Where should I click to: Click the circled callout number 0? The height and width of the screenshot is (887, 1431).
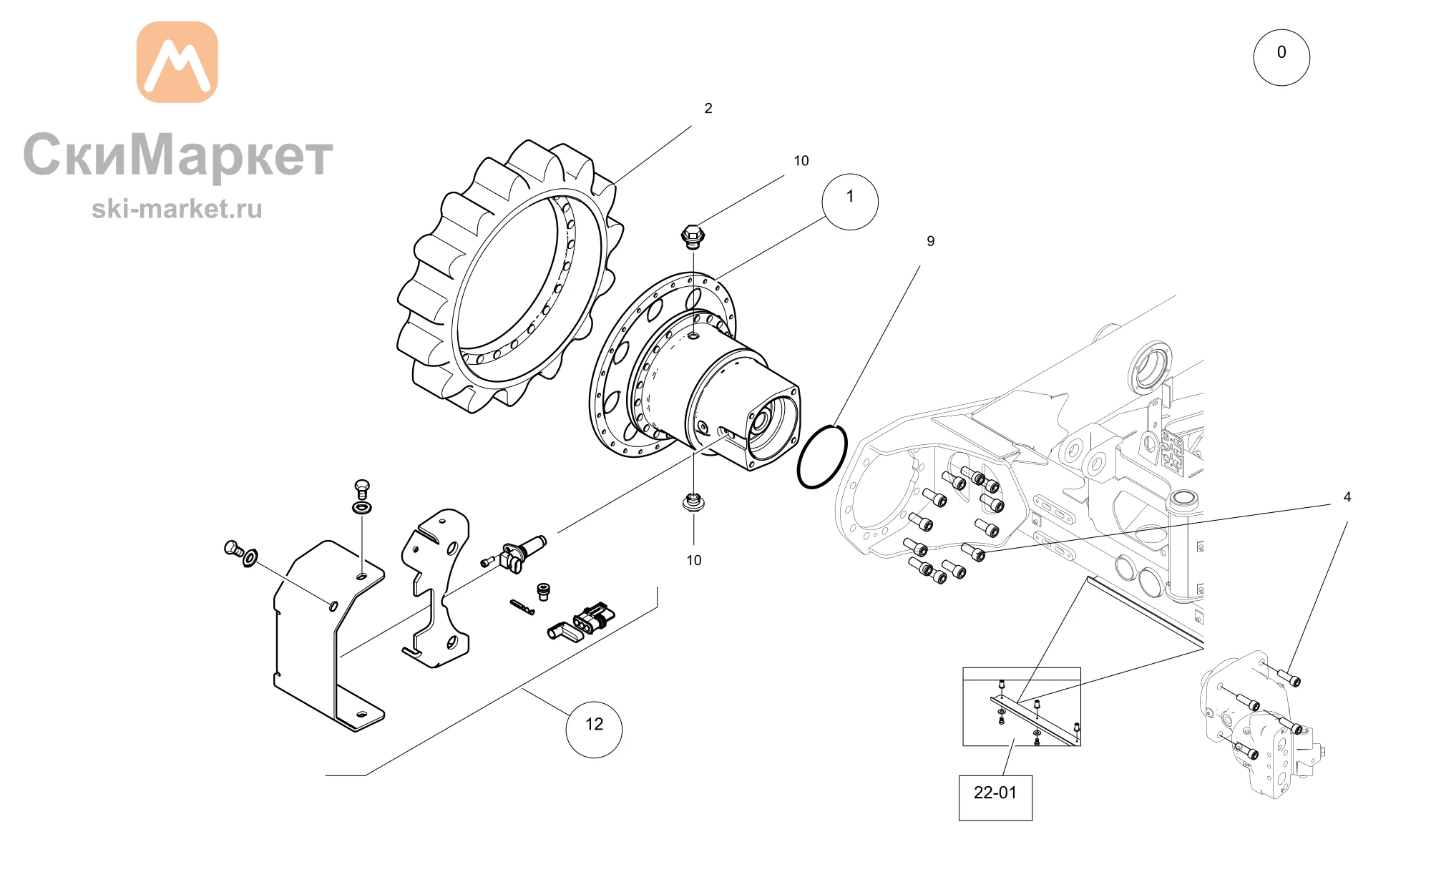[1281, 57]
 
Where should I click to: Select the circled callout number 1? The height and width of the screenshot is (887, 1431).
[850, 202]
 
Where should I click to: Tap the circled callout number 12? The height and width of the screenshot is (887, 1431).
[594, 729]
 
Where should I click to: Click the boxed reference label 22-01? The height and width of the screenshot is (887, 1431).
[995, 798]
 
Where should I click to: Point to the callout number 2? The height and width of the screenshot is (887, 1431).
[708, 109]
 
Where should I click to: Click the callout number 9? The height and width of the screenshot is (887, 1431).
[930, 242]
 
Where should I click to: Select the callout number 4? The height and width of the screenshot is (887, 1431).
[1347, 497]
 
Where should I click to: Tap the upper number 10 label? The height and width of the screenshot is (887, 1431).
[801, 162]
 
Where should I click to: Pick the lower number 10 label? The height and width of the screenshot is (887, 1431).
[694, 561]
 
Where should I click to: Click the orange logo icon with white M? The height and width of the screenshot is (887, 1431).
[177, 62]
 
